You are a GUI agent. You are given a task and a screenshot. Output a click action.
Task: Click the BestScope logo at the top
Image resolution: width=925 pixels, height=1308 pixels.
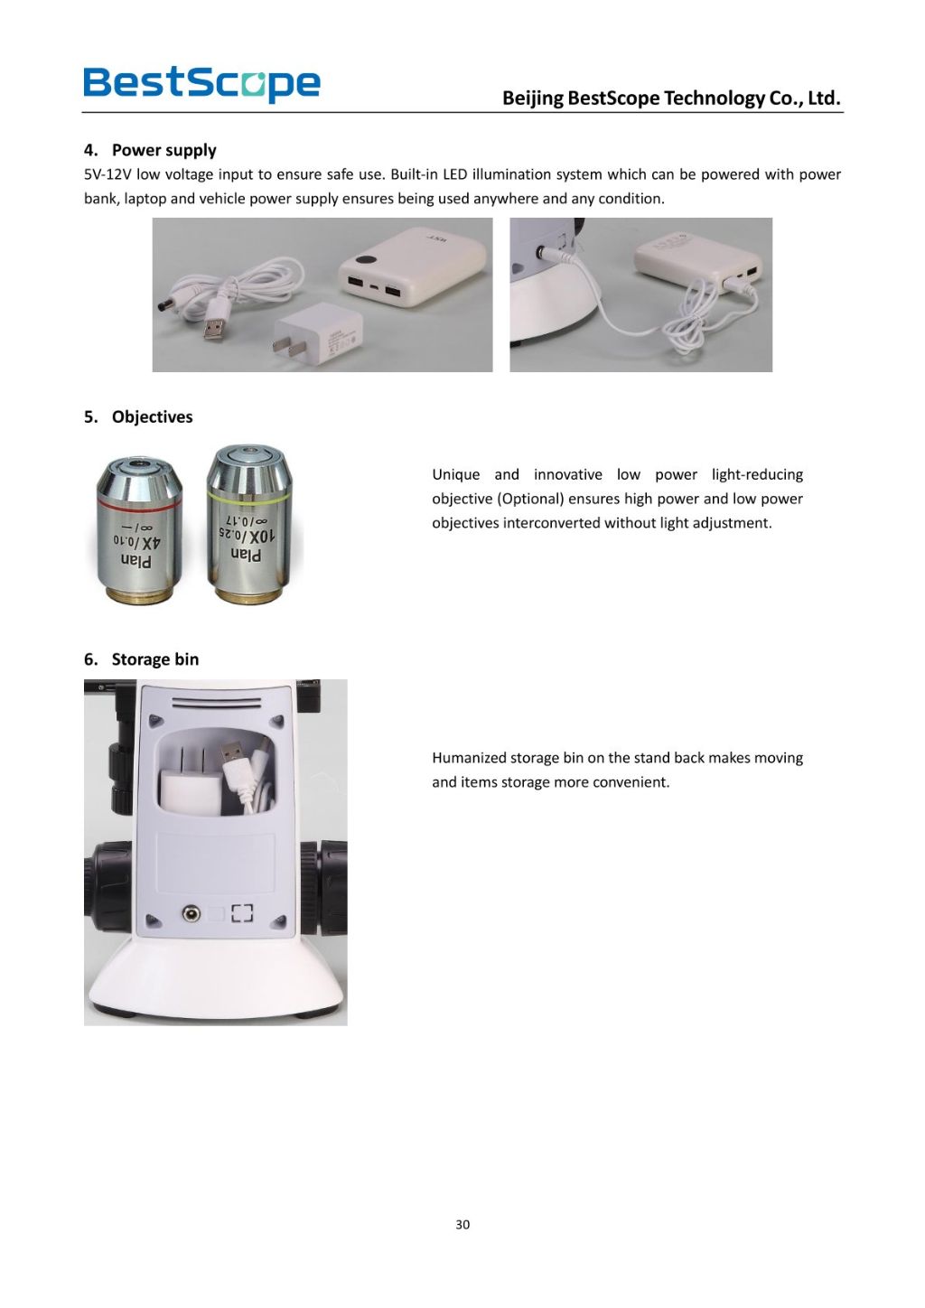point(201,83)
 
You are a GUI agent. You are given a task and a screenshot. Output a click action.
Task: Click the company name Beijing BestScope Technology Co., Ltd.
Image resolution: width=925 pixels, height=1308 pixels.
point(671,98)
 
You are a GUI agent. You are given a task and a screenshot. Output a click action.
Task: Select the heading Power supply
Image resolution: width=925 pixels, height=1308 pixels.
point(164,150)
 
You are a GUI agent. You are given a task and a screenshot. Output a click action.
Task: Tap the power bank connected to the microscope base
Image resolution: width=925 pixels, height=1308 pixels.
point(697,264)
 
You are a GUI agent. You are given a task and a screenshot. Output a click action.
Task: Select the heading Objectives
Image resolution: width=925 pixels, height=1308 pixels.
point(152,416)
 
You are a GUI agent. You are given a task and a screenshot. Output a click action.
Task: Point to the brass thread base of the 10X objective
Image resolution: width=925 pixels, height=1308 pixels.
point(249,593)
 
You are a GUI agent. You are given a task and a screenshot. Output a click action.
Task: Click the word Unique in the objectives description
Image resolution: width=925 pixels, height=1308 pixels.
point(455,474)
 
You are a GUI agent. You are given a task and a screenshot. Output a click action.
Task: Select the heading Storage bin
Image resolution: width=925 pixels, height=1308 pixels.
point(154,659)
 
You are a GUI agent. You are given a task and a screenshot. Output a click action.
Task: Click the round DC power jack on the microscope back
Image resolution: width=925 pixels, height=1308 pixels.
point(191,913)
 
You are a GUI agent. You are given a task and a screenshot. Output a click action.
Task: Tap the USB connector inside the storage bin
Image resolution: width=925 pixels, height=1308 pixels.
point(233,752)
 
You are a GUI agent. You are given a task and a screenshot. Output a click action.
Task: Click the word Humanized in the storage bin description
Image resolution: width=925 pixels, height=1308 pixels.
point(469,758)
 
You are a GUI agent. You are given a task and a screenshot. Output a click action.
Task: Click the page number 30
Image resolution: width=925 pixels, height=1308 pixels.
point(462,1225)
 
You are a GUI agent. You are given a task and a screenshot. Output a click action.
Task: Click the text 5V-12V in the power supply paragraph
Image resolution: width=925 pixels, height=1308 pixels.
point(107,174)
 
